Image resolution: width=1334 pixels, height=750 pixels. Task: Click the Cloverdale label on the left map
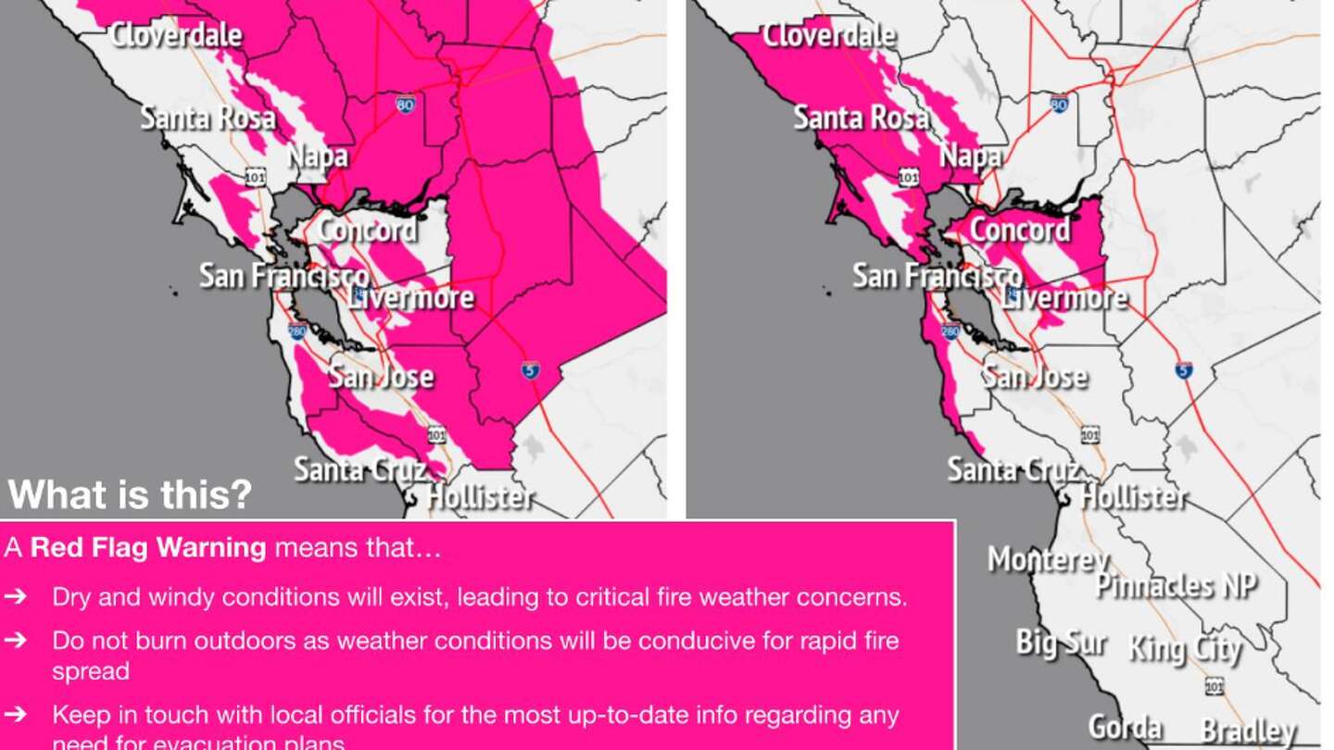(x=175, y=35)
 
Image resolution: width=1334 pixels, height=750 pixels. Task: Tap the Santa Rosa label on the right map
(x=861, y=118)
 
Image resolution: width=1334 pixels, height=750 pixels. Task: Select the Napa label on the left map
(x=318, y=156)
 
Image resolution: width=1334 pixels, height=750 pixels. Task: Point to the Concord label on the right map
(x=1019, y=230)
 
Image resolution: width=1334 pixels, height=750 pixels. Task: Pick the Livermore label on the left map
(x=411, y=297)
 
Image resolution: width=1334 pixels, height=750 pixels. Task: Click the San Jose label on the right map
(x=1034, y=377)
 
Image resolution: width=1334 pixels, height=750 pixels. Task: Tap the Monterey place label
(x=1047, y=559)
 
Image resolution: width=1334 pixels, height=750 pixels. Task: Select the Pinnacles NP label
(x=1176, y=585)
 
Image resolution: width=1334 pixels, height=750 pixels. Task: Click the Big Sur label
(x=1061, y=642)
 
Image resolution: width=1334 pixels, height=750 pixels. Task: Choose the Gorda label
(x=1124, y=727)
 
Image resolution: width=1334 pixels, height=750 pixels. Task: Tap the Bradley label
(x=1248, y=731)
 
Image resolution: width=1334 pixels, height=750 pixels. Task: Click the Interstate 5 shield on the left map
(x=530, y=370)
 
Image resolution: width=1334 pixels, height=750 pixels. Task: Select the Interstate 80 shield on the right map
(x=1059, y=103)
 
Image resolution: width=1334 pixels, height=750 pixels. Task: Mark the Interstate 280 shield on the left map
(x=296, y=331)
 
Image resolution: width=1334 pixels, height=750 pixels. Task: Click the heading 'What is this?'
(x=130, y=494)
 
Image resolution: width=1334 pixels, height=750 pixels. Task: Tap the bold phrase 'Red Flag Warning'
(x=148, y=547)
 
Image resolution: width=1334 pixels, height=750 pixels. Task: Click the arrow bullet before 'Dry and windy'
(x=15, y=596)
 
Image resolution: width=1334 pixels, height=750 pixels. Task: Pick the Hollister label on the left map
(x=480, y=497)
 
